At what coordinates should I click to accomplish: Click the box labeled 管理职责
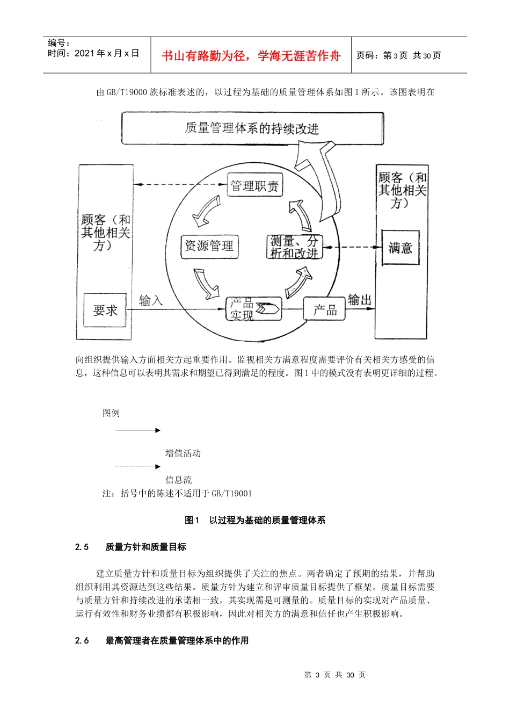pyautogui.click(x=254, y=186)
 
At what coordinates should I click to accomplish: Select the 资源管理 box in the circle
pyautogui.click(x=209, y=246)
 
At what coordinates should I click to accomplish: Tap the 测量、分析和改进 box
pyautogui.click(x=294, y=247)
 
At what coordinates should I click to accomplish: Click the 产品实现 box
pyautogui.click(x=253, y=309)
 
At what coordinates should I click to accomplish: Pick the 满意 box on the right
pyautogui.click(x=400, y=248)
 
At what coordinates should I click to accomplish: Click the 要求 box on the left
pyautogui.click(x=105, y=310)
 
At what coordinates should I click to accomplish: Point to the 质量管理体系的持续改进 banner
pyautogui.click(x=252, y=128)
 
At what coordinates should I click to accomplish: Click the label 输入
pyautogui.click(x=151, y=300)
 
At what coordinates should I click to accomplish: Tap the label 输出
pyautogui.click(x=359, y=300)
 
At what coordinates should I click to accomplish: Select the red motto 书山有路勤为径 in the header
pyautogui.click(x=251, y=56)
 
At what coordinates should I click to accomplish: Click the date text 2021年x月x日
pyautogui.click(x=107, y=53)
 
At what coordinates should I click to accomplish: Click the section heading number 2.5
pyautogui.click(x=82, y=547)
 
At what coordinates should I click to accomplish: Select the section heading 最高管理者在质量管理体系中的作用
pyautogui.click(x=177, y=640)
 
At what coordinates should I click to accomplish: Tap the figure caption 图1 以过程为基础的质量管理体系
pyautogui.click(x=255, y=520)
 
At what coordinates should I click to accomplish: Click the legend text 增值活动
pyautogui.click(x=183, y=453)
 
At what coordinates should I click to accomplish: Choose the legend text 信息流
pyautogui.click(x=178, y=480)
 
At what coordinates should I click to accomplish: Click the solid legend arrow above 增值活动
pyautogui.click(x=138, y=430)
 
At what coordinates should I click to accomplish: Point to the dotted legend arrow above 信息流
pyautogui.click(x=138, y=466)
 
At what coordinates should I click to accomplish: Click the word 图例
pyautogui.click(x=111, y=413)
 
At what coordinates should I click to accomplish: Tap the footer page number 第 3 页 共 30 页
pyautogui.click(x=334, y=675)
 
